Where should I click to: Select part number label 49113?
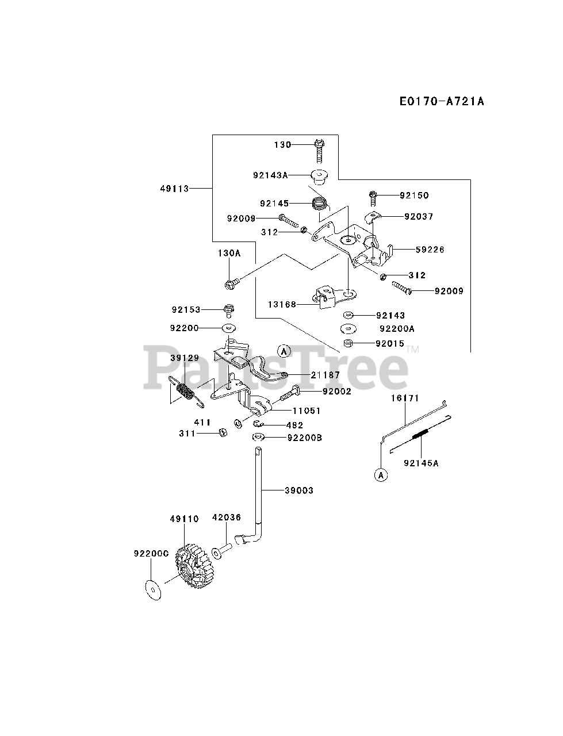click(175, 188)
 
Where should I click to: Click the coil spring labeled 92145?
click(319, 204)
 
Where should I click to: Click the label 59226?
click(431, 250)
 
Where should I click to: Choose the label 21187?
click(325, 375)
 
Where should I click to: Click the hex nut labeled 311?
click(221, 432)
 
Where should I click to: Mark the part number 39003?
click(299, 490)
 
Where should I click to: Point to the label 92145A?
click(421, 462)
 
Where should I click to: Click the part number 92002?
click(336, 391)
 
